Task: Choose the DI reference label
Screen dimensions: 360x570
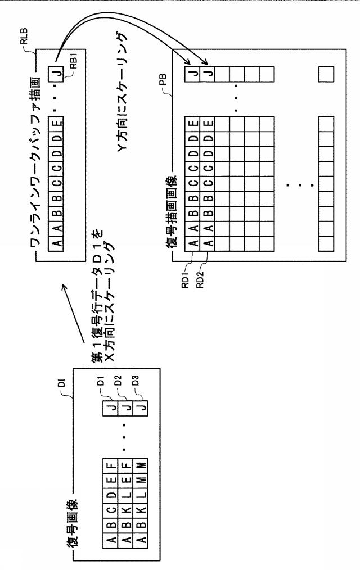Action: (x=62, y=382)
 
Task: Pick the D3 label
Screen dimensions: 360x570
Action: (x=135, y=381)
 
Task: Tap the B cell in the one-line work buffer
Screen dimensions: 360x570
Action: (x=56, y=198)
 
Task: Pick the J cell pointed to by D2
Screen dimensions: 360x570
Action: (x=125, y=408)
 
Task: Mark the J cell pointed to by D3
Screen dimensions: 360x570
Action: (x=141, y=408)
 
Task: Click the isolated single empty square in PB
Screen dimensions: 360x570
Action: (x=326, y=74)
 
